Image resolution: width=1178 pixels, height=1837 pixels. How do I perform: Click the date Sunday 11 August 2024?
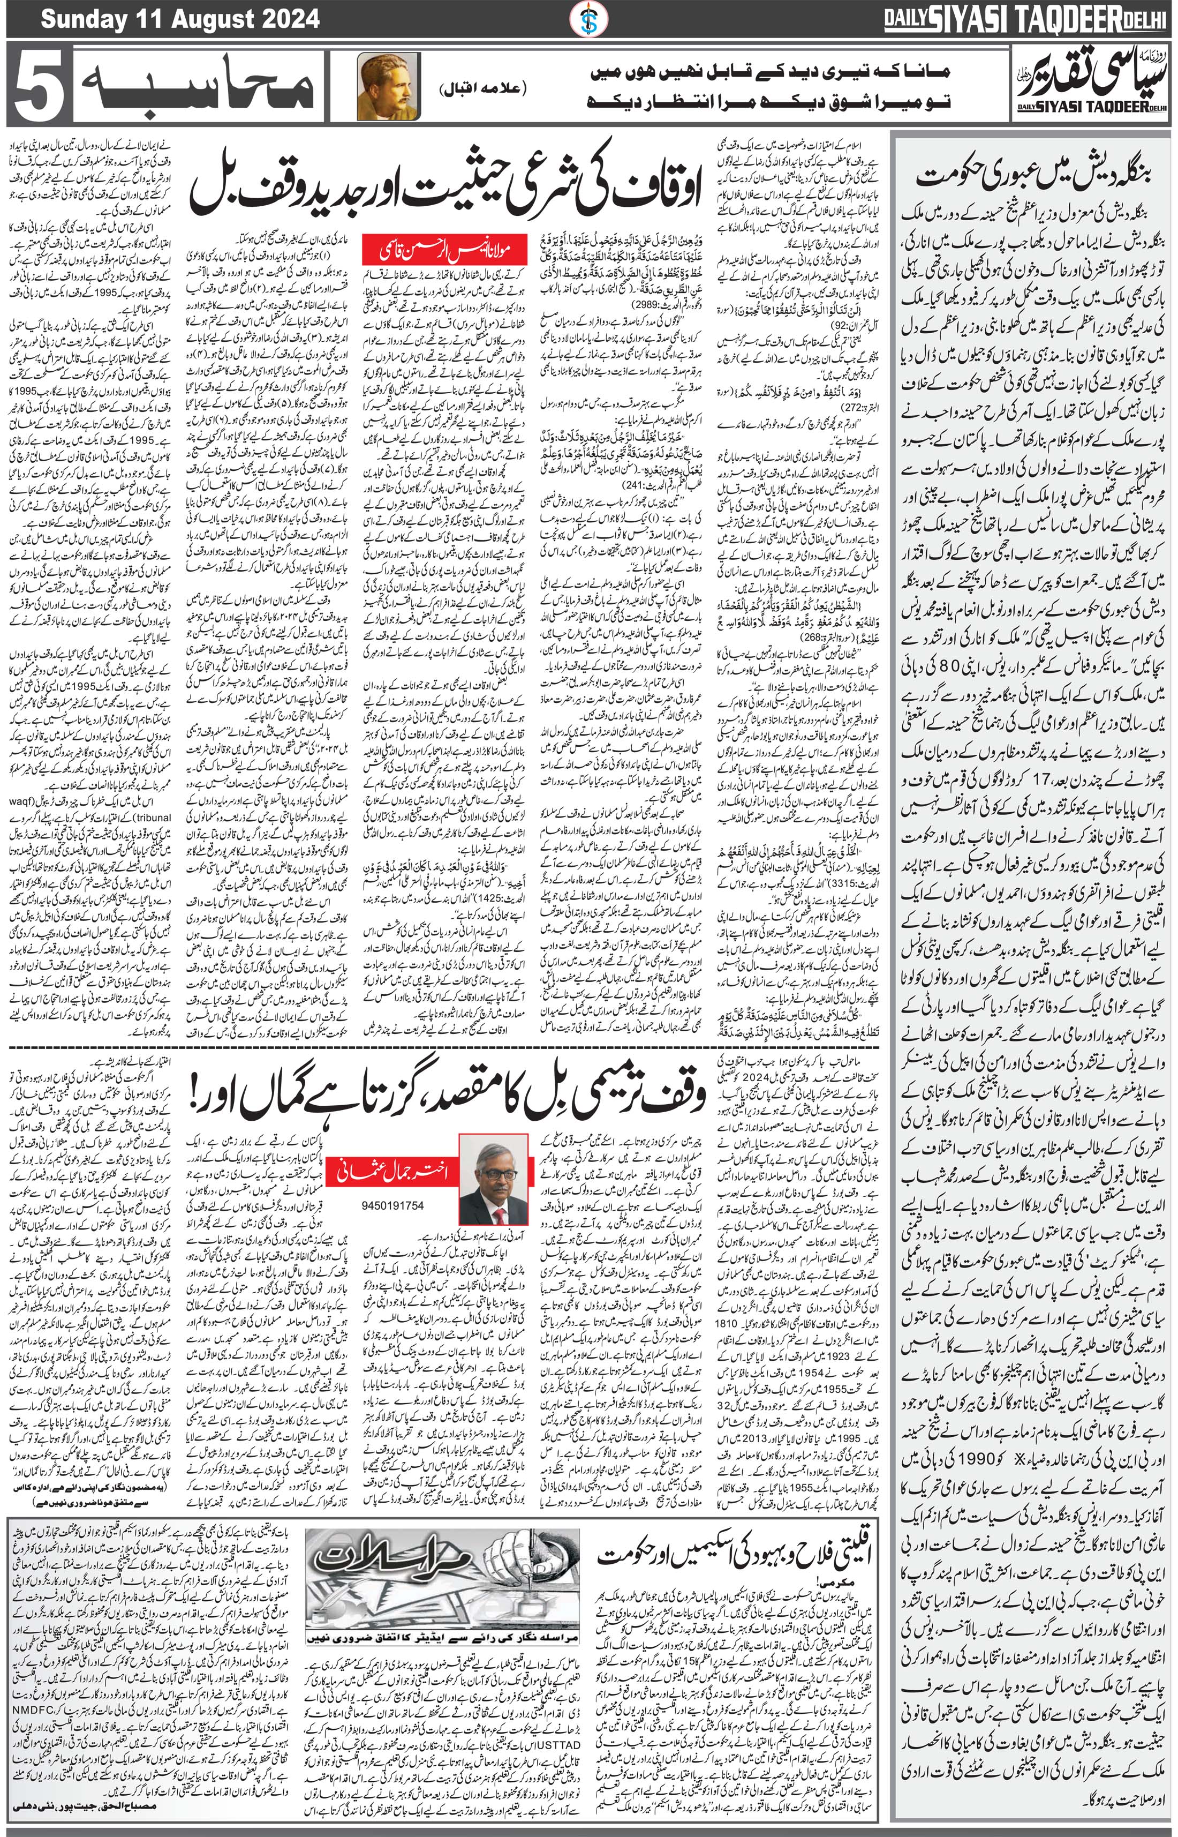point(180,18)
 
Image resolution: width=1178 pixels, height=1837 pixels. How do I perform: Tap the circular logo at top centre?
point(589,18)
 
